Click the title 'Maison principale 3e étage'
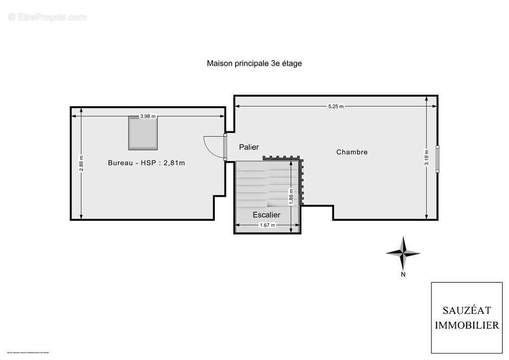pos(254,63)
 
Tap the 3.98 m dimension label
pos(148,116)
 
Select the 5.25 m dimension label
pos(336,106)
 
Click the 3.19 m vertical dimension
pos(426,158)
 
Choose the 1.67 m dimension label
pos(267,225)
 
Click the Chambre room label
pos(352,152)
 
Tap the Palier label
pos(249,147)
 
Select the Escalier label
pos(266,215)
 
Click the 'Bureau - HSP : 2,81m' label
pos(146,163)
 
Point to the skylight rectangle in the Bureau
pos(143,133)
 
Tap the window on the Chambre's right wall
pos(437,159)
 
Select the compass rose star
pos(403,253)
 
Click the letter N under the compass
pos(403,274)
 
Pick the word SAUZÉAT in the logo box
pos(467,311)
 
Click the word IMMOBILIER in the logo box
pos(467,326)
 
